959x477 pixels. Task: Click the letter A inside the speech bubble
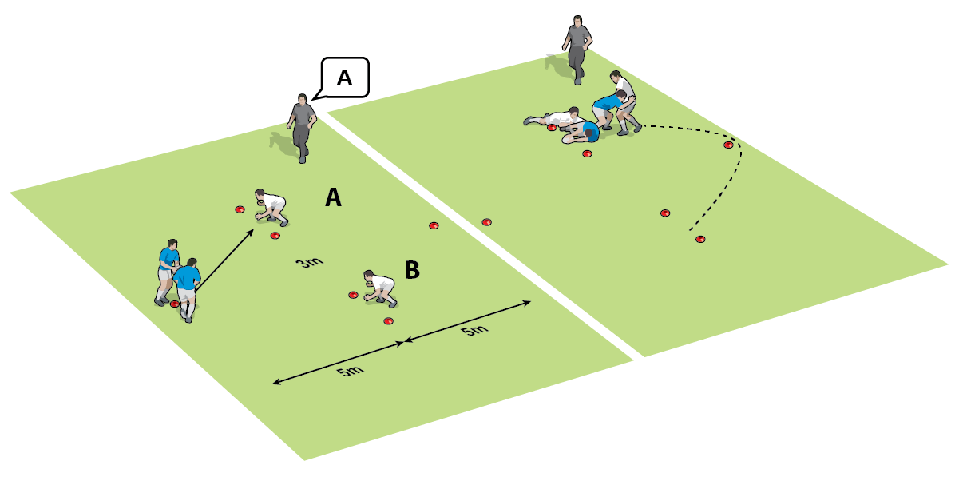344,78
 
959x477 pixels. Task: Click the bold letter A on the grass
334,197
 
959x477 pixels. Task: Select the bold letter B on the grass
412,270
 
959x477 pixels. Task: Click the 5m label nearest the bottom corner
345,371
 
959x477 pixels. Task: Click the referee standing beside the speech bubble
302,126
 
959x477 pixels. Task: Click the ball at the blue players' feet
175,304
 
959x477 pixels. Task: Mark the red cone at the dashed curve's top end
728,145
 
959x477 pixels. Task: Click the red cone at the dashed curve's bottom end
700,239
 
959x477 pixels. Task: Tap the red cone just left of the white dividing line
434,226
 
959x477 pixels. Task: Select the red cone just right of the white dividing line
486,221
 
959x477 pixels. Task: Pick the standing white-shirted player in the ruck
624,100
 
